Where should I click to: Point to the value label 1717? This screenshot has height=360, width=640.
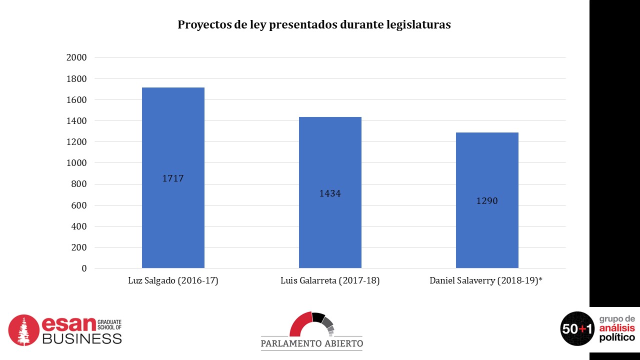point(173,178)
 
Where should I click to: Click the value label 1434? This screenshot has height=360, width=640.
point(330,193)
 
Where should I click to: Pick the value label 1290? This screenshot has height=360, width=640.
point(487,201)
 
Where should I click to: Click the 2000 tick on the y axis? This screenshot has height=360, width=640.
point(76,57)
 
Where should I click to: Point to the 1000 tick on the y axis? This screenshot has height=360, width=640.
point(76,163)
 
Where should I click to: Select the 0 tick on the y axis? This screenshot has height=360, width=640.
point(84,268)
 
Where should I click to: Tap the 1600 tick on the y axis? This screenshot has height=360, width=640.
point(76,100)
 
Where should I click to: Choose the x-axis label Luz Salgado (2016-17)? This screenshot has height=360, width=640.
point(173,281)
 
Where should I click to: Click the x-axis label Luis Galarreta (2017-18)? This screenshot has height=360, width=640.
point(330,281)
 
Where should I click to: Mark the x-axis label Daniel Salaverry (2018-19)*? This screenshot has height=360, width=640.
point(486,281)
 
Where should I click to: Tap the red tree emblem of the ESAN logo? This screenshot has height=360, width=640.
point(23,330)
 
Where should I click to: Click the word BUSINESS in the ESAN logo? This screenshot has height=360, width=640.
point(81,338)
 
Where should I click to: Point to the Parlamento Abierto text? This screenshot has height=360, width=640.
point(312,343)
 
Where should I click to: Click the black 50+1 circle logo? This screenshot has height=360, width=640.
point(577,328)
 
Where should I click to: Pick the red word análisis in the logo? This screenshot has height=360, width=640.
point(616,328)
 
